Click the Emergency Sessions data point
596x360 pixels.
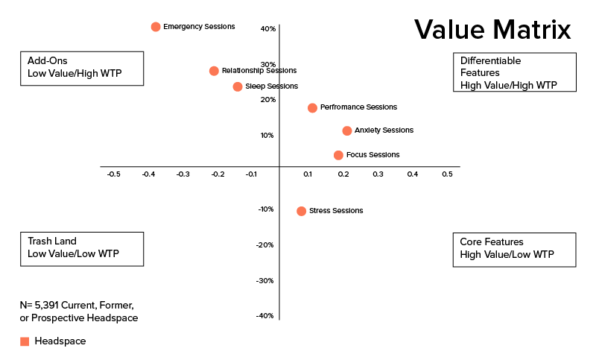tap(156, 27)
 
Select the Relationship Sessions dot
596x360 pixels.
tap(214, 71)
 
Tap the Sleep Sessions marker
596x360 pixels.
tap(238, 86)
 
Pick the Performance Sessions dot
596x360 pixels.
tap(312, 108)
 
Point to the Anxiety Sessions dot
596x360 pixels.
tap(347, 131)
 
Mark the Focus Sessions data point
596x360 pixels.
tap(338, 155)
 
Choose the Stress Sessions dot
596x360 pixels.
tap(301, 211)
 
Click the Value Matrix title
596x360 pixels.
tap(492, 30)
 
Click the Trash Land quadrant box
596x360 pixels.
tap(82, 248)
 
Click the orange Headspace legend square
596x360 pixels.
tap(25, 341)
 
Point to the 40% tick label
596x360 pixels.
tap(267, 29)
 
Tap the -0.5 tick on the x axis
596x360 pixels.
tap(113, 174)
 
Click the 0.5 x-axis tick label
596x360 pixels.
tap(447, 174)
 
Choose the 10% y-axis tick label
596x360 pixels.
tap(267, 136)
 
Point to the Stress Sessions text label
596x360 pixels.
tap(336, 211)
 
